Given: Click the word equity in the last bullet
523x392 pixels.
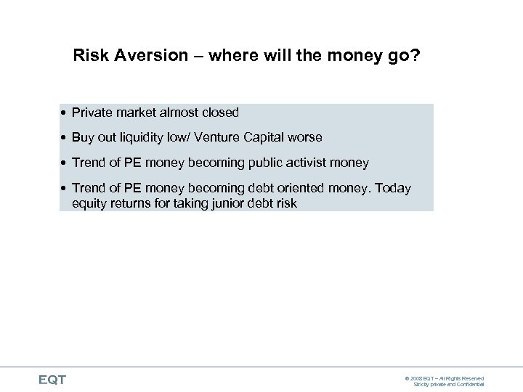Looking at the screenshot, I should click(x=90, y=203).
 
